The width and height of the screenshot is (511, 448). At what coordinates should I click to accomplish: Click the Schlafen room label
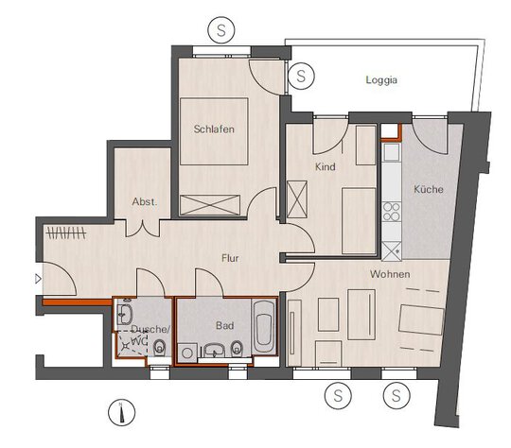(214, 129)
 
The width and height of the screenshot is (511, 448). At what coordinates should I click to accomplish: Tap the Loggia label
(381, 80)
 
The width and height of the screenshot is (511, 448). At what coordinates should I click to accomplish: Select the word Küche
(429, 189)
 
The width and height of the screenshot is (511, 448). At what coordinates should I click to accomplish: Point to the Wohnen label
(390, 274)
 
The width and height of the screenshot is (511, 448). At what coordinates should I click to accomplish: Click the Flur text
(230, 258)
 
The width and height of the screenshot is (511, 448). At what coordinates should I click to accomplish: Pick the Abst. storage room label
(145, 201)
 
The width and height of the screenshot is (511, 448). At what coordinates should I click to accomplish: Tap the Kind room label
(325, 166)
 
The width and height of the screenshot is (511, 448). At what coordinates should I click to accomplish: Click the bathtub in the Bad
(263, 326)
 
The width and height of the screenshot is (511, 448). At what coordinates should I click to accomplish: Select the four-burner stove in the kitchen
(392, 212)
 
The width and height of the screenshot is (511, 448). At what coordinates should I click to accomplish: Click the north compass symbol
(121, 413)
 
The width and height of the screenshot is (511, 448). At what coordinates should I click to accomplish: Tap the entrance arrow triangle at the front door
(38, 279)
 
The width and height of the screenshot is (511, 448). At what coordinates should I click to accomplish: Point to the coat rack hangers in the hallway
(66, 233)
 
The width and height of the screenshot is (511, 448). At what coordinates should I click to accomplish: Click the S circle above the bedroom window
(221, 30)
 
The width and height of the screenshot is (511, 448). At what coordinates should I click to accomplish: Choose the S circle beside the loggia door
(301, 76)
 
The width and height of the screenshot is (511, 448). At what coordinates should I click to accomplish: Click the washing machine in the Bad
(187, 353)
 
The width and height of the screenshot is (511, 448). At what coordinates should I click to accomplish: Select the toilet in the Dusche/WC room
(159, 348)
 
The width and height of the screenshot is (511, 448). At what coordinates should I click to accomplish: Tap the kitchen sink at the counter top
(392, 152)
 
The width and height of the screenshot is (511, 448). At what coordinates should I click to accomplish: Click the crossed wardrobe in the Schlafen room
(210, 205)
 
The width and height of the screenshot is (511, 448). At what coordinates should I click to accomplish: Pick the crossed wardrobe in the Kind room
(297, 199)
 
